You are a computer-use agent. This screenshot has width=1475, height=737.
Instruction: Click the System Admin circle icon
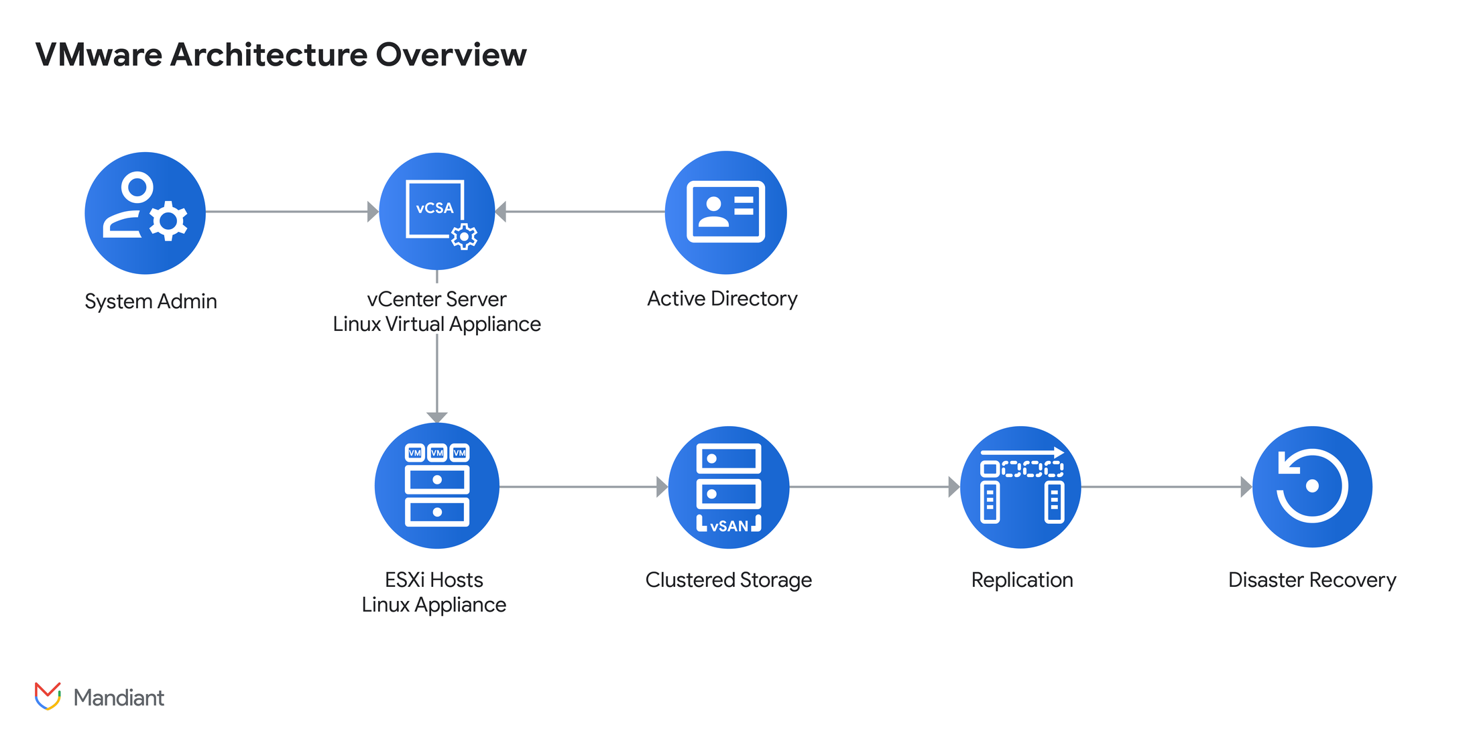pyautogui.click(x=145, y=213)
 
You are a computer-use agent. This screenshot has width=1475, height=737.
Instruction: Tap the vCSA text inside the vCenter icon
pyautogui.click(x=434, y=208)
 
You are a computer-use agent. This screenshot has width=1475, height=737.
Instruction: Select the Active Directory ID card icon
pyautogui.click(x=725, y=212)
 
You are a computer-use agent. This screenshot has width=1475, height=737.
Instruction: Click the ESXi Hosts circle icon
pyautogui.click(x=436, y=486)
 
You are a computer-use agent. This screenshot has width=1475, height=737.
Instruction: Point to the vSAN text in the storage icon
pyautogui.click(x=729, y=527)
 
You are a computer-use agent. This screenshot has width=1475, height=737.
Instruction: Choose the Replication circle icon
pyautogui.click(x=1020, y=487)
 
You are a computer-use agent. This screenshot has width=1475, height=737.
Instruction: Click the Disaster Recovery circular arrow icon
pyautogui.click(x=1312, y=486)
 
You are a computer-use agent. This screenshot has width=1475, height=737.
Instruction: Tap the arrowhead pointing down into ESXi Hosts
pyautogui.click(x=437, y=417)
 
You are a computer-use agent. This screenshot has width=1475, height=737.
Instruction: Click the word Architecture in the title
pyautogui.click(x=268, y=55)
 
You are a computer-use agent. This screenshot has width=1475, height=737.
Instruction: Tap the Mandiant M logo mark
pyautogui.click(x=48, y=696)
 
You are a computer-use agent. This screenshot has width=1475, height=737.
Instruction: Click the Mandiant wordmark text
pyautogui.click(x=119, y=698)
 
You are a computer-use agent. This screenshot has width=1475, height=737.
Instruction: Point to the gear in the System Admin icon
pyautogui.click(x=168, y=220)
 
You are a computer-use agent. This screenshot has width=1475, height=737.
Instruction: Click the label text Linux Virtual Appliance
pyautogui.click(x=436, y=324)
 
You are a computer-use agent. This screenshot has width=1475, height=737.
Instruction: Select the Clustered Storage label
pyautogui.click(x=728, y=580)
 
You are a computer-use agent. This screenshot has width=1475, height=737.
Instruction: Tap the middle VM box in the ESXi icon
pyautogui.click(x=437, y=453)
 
